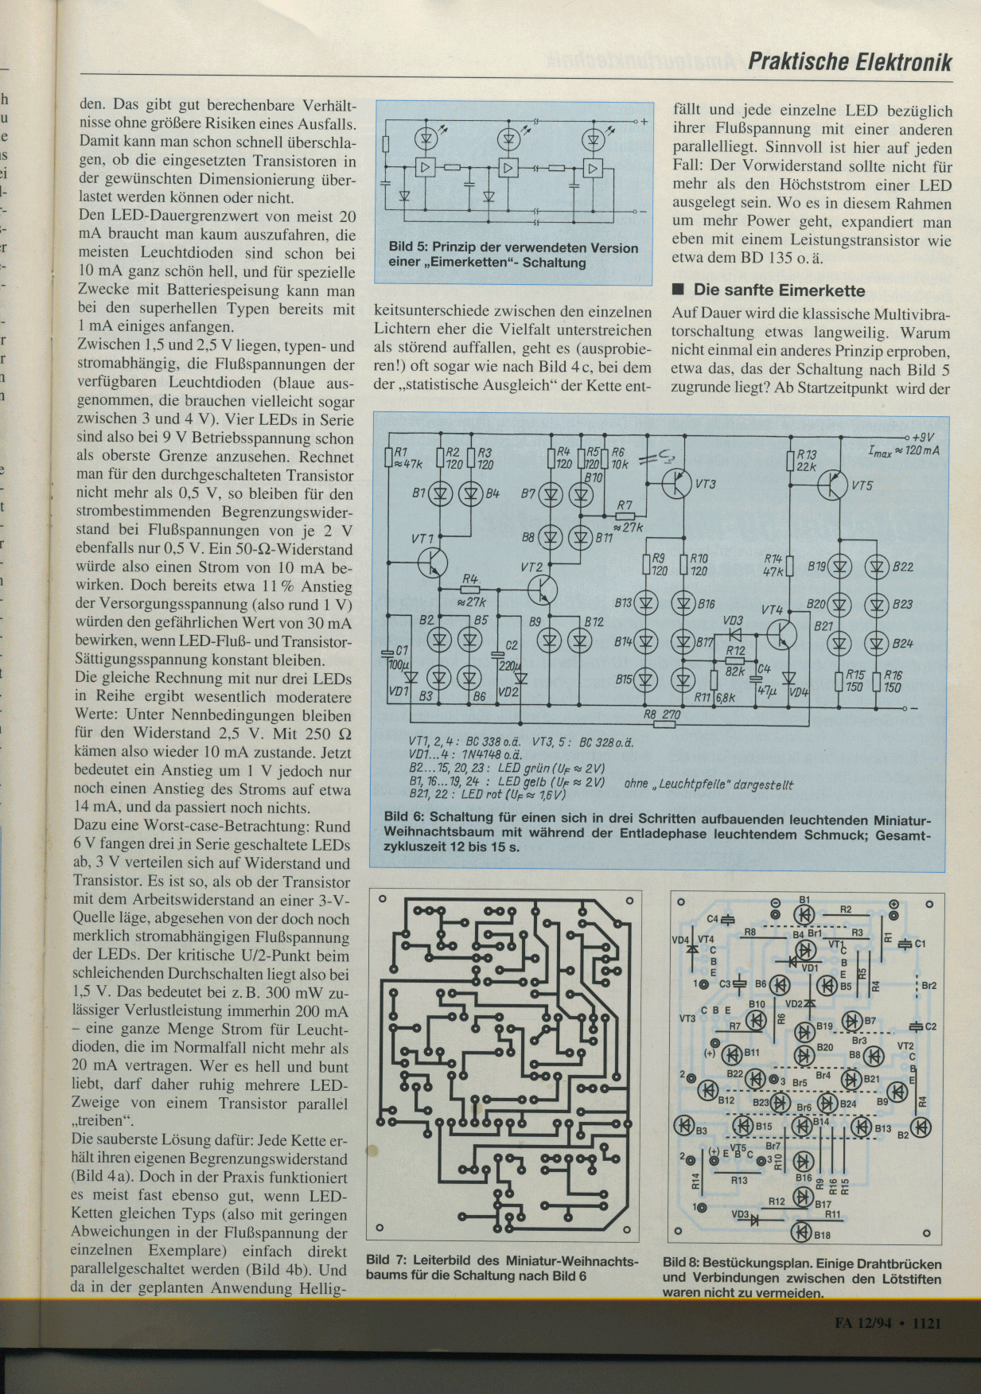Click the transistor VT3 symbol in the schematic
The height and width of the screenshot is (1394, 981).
point(679,483)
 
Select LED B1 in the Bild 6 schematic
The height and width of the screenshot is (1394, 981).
point(440,494)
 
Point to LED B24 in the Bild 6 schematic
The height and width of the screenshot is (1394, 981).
point(877,643)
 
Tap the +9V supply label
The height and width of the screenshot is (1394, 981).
point(923,437)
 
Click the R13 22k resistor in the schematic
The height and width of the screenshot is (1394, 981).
point(790,460)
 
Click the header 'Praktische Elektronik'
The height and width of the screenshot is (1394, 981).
point(849,62)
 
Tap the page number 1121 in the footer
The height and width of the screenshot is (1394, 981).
point(927,1322)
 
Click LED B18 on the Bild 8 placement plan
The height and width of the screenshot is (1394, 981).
point(801,1234)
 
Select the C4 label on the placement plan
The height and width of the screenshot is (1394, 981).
point(713,919)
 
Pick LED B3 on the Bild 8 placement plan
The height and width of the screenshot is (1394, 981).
point(684,1125)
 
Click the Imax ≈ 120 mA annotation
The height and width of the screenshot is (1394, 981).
point(903,451)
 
